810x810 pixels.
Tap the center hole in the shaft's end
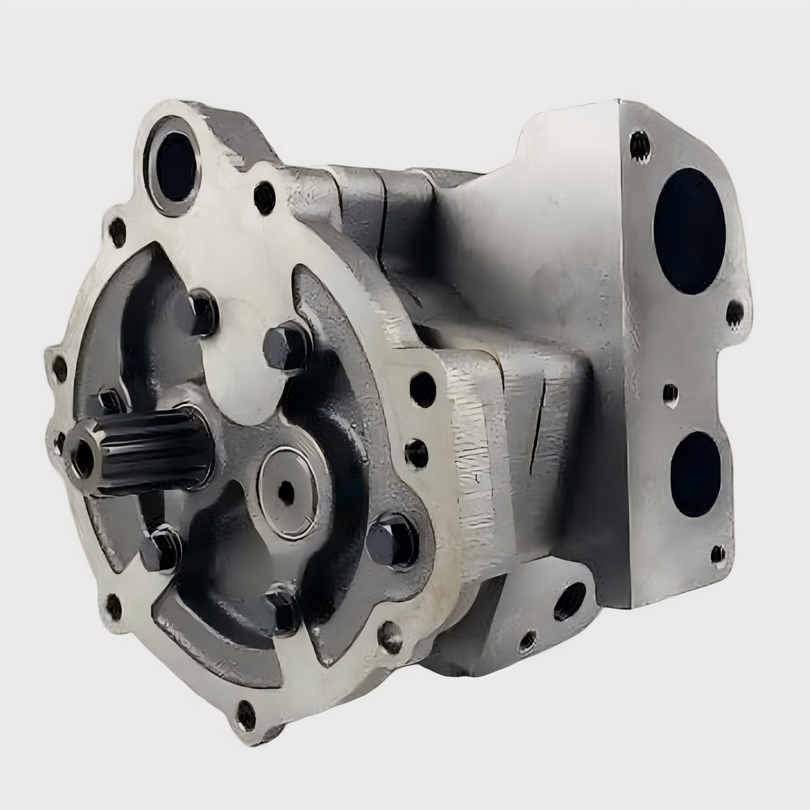[x=82, y=459]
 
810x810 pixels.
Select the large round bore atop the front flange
[x=175, y=167]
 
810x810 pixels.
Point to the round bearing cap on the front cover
[x=288, y=492]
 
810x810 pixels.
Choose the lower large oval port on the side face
[x=695, y=474]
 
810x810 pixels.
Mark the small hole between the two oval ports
[x=670, y=394]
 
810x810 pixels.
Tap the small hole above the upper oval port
[x=639, y=146]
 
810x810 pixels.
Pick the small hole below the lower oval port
[x=717, y=554]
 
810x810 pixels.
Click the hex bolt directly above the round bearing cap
[x=286, y=346]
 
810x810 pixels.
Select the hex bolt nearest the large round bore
[x=199, y=312]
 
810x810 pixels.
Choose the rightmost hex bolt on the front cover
[x=392, y=541]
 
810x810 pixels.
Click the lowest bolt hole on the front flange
[x=246, y=716]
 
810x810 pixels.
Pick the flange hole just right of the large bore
[x=264, y=198]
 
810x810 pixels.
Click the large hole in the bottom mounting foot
[x=570, y=601]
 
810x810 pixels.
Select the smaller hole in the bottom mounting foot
[x=527, y=642]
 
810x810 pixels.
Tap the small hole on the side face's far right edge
[x=735, y=313]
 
